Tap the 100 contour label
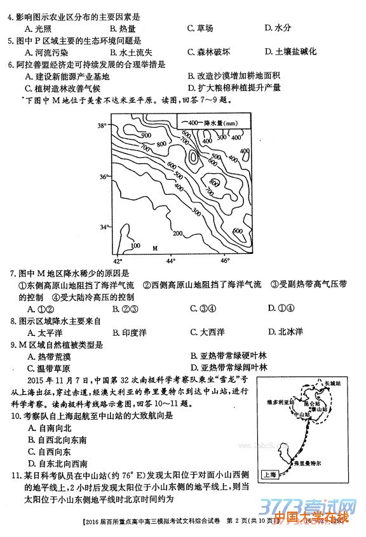tap(135, 245)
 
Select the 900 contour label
tap(146, 135)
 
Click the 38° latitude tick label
tap(102, 126)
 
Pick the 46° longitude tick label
tap(224, 261)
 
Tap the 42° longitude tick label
tap(117, 261)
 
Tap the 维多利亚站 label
tap(280, 402)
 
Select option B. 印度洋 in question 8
tap(130, 332)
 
